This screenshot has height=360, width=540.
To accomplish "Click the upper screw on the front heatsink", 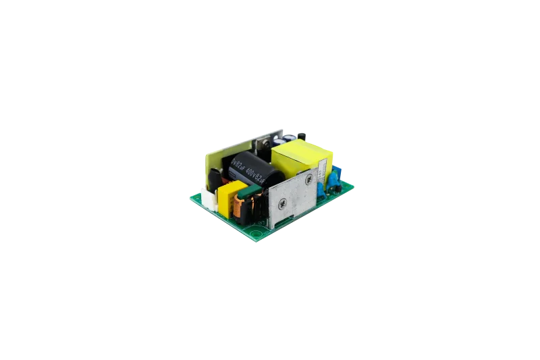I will [x=309, y=179].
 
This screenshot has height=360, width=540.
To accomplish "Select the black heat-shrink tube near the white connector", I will [x=215, y=180].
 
